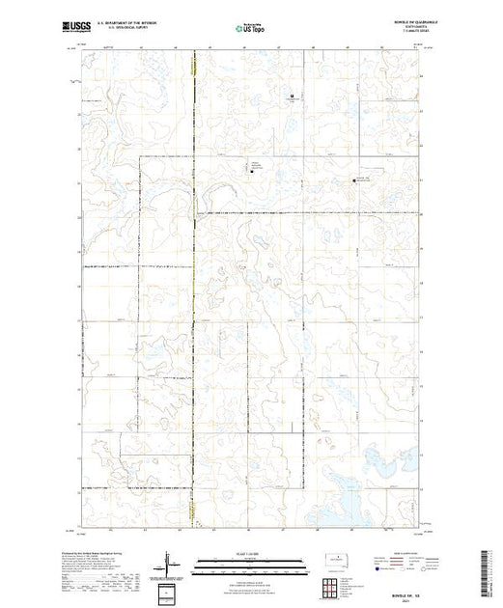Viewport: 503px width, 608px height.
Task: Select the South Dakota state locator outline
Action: (x=333, y=560)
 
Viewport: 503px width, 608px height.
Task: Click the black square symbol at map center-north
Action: (x=254, y=173)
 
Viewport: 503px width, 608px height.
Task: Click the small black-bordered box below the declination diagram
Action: (x=169, y=592)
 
